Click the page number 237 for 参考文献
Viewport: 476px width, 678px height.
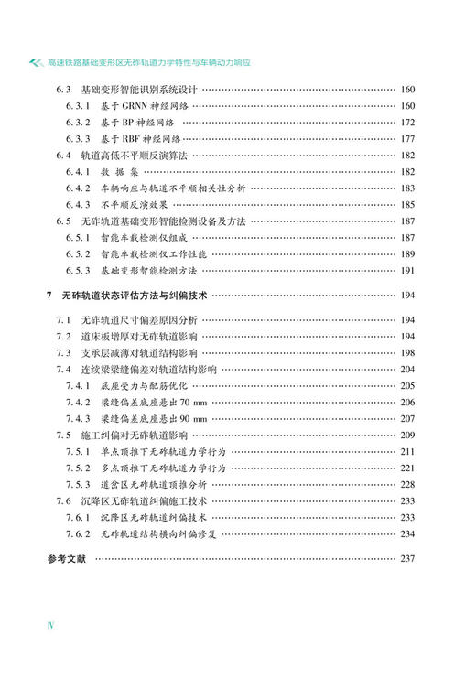[407, 559]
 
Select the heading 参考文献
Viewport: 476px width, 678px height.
[65, 559]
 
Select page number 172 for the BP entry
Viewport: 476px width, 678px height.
[407, 123]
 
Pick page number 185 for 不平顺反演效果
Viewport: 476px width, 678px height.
[407, 205]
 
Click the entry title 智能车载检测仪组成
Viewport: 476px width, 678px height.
[142, 238]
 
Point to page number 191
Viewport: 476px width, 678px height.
[407, 271]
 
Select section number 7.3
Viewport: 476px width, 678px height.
[62, 353]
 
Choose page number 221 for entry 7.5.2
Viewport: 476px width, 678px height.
[407, 468]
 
